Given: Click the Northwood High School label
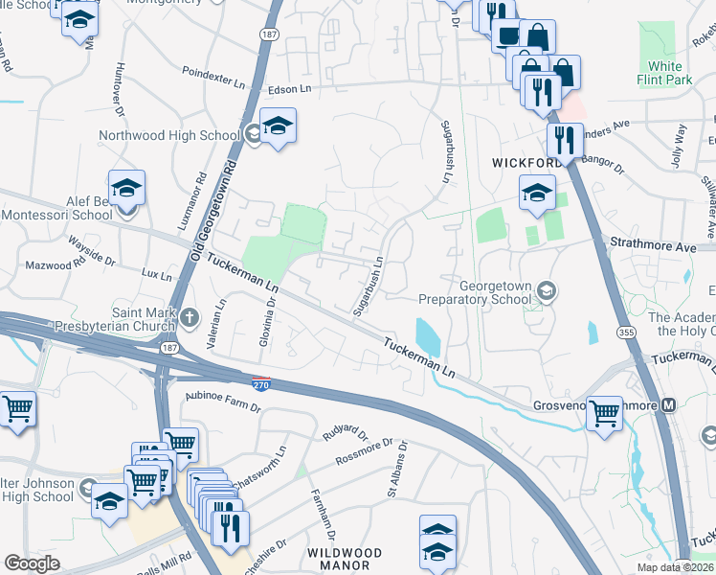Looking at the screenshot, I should tap(169, 135).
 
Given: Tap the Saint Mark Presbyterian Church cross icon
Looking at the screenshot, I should tap(190, 315).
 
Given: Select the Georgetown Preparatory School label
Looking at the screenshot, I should tap(495, 291).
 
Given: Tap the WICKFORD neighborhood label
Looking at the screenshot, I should tap(526, 163).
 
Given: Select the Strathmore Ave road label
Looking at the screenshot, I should tap(668, 247).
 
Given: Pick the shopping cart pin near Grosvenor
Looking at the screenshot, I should tap(605, 413).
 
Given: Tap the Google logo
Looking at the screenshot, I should tap(31, 564).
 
